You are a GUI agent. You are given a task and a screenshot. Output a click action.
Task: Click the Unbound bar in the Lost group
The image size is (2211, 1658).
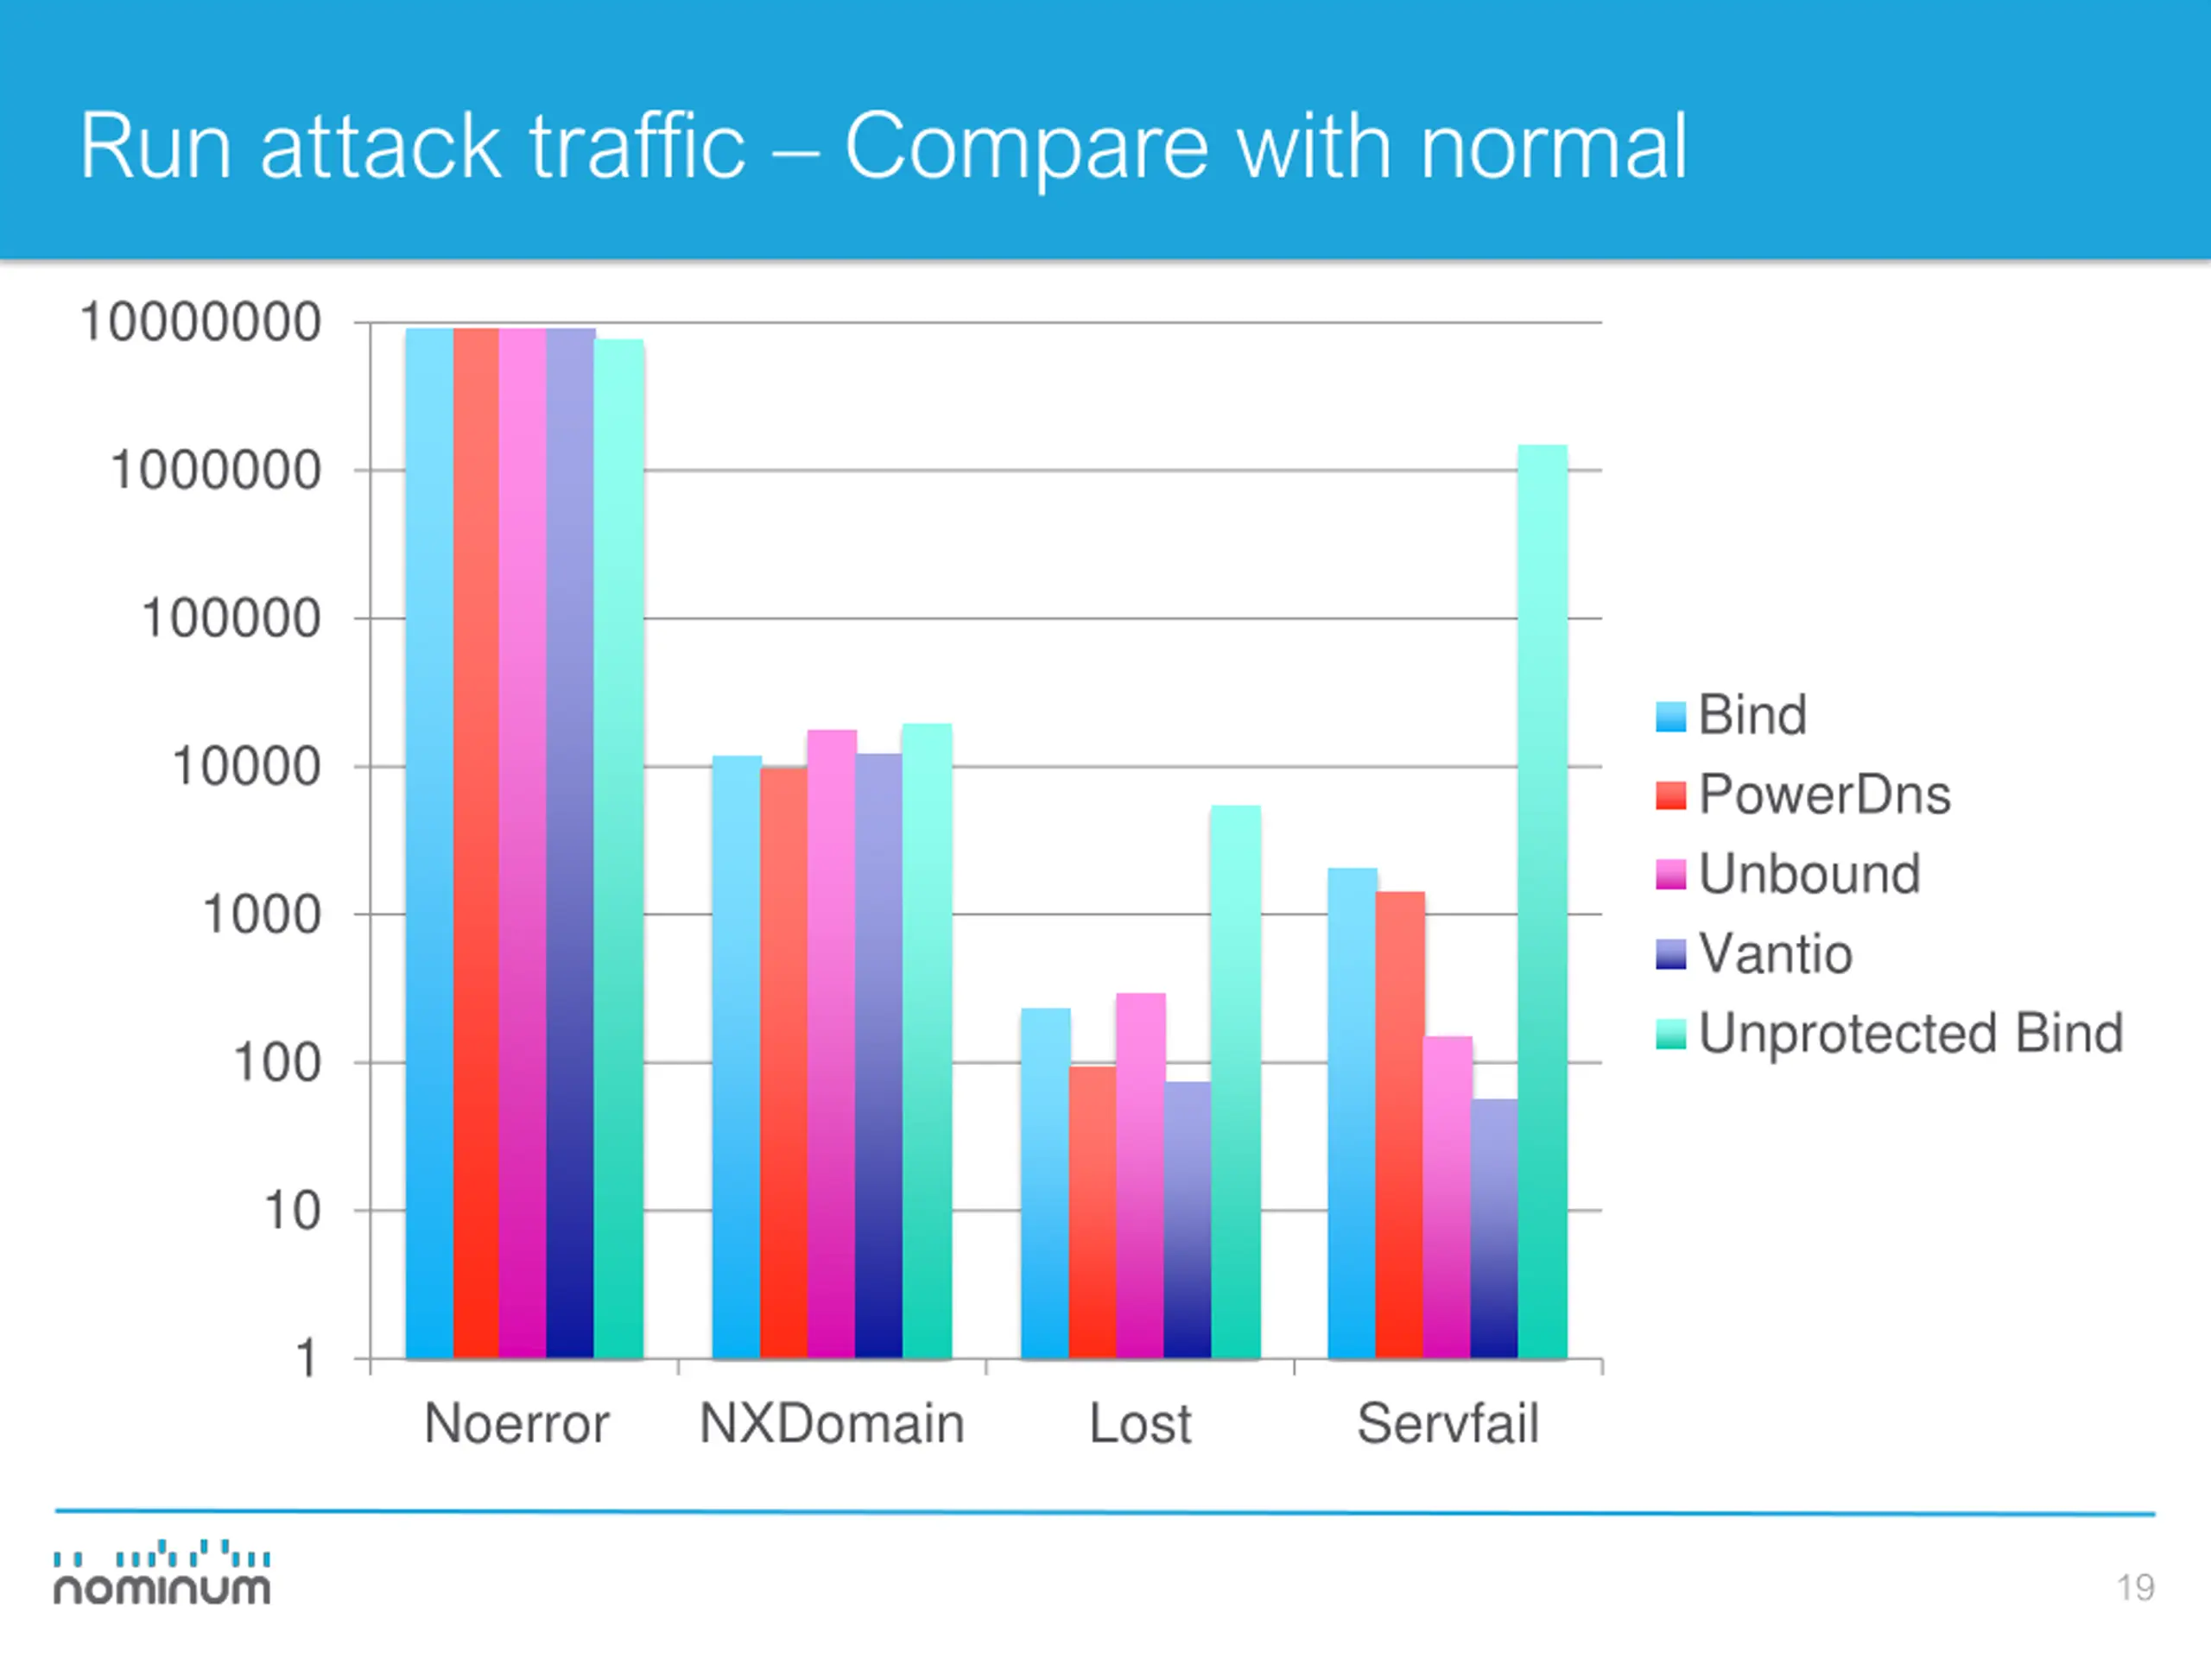1141,1175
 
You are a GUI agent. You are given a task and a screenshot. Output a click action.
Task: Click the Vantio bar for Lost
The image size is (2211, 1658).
1188,1219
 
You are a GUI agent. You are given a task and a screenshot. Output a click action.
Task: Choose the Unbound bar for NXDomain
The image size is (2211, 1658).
832,1043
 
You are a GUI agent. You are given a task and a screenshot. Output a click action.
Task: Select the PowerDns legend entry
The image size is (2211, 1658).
1823,794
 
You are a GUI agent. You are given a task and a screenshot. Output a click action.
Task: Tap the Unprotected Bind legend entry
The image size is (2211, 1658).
1909,1034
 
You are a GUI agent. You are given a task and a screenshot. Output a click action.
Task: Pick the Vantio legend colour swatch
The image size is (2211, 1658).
1670,954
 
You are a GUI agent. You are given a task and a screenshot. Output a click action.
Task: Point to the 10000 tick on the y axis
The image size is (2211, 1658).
247,768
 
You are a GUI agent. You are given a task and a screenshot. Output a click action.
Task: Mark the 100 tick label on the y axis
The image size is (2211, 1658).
277,1062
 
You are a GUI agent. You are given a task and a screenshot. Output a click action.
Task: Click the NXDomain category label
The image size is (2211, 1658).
832,1423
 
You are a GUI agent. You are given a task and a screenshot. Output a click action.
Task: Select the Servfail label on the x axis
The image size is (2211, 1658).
1448,1423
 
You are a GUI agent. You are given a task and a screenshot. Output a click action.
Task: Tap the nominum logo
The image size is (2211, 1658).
162,1574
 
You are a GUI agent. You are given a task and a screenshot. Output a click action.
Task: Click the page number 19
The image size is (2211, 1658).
2135,1587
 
